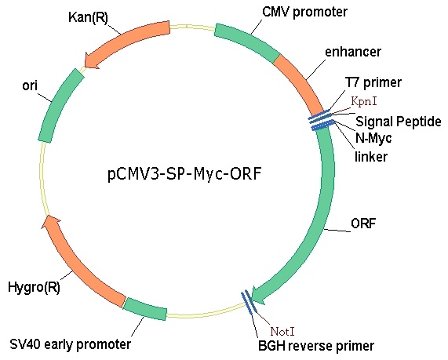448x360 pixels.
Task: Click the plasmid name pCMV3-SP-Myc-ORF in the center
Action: click(x=184, y=174)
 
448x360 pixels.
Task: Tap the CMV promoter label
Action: click(x=304, y=12)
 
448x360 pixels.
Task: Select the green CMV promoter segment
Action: click(x=246, y=42)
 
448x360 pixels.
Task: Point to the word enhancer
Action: click(x=353, y=52)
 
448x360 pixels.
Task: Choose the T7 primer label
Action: click(x=373, y=82)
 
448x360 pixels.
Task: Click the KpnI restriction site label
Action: click(x=364, y=101)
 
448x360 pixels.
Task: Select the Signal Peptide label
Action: click(x=399, y=122)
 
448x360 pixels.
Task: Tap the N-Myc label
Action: click(x=373, y=138)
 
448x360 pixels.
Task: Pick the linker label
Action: click(x=371, y=157)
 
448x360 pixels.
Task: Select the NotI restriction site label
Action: click(x=282, y=332)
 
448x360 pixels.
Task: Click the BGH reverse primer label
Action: click(x=316, y=346)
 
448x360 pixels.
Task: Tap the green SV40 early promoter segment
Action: click(x=145, y=309)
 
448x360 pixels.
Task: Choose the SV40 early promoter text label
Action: click(x=71, y=344)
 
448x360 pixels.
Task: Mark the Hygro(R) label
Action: click(x=34, y=287)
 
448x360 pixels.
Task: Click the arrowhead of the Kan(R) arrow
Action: click(x=92, y=61)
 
